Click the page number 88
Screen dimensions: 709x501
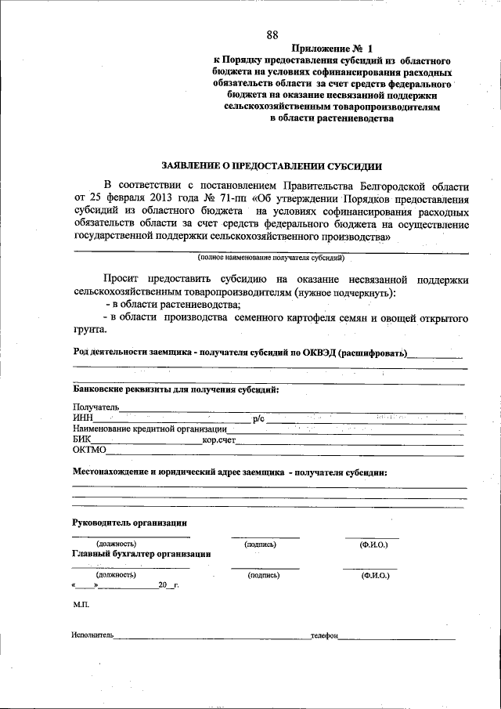272,34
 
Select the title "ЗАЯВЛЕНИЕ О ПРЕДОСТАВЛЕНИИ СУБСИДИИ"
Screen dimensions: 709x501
272,166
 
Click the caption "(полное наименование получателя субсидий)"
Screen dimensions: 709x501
272,257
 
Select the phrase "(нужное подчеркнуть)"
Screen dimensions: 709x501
345,292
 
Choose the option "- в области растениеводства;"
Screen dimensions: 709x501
174,305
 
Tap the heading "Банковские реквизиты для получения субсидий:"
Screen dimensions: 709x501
175,389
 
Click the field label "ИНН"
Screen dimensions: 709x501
82,419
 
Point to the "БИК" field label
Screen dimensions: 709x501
81,440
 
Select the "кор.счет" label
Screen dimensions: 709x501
218,440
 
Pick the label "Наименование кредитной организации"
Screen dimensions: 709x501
149,429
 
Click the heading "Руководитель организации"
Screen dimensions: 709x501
129,523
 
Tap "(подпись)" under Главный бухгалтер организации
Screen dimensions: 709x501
264,575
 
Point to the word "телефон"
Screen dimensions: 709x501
323,636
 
